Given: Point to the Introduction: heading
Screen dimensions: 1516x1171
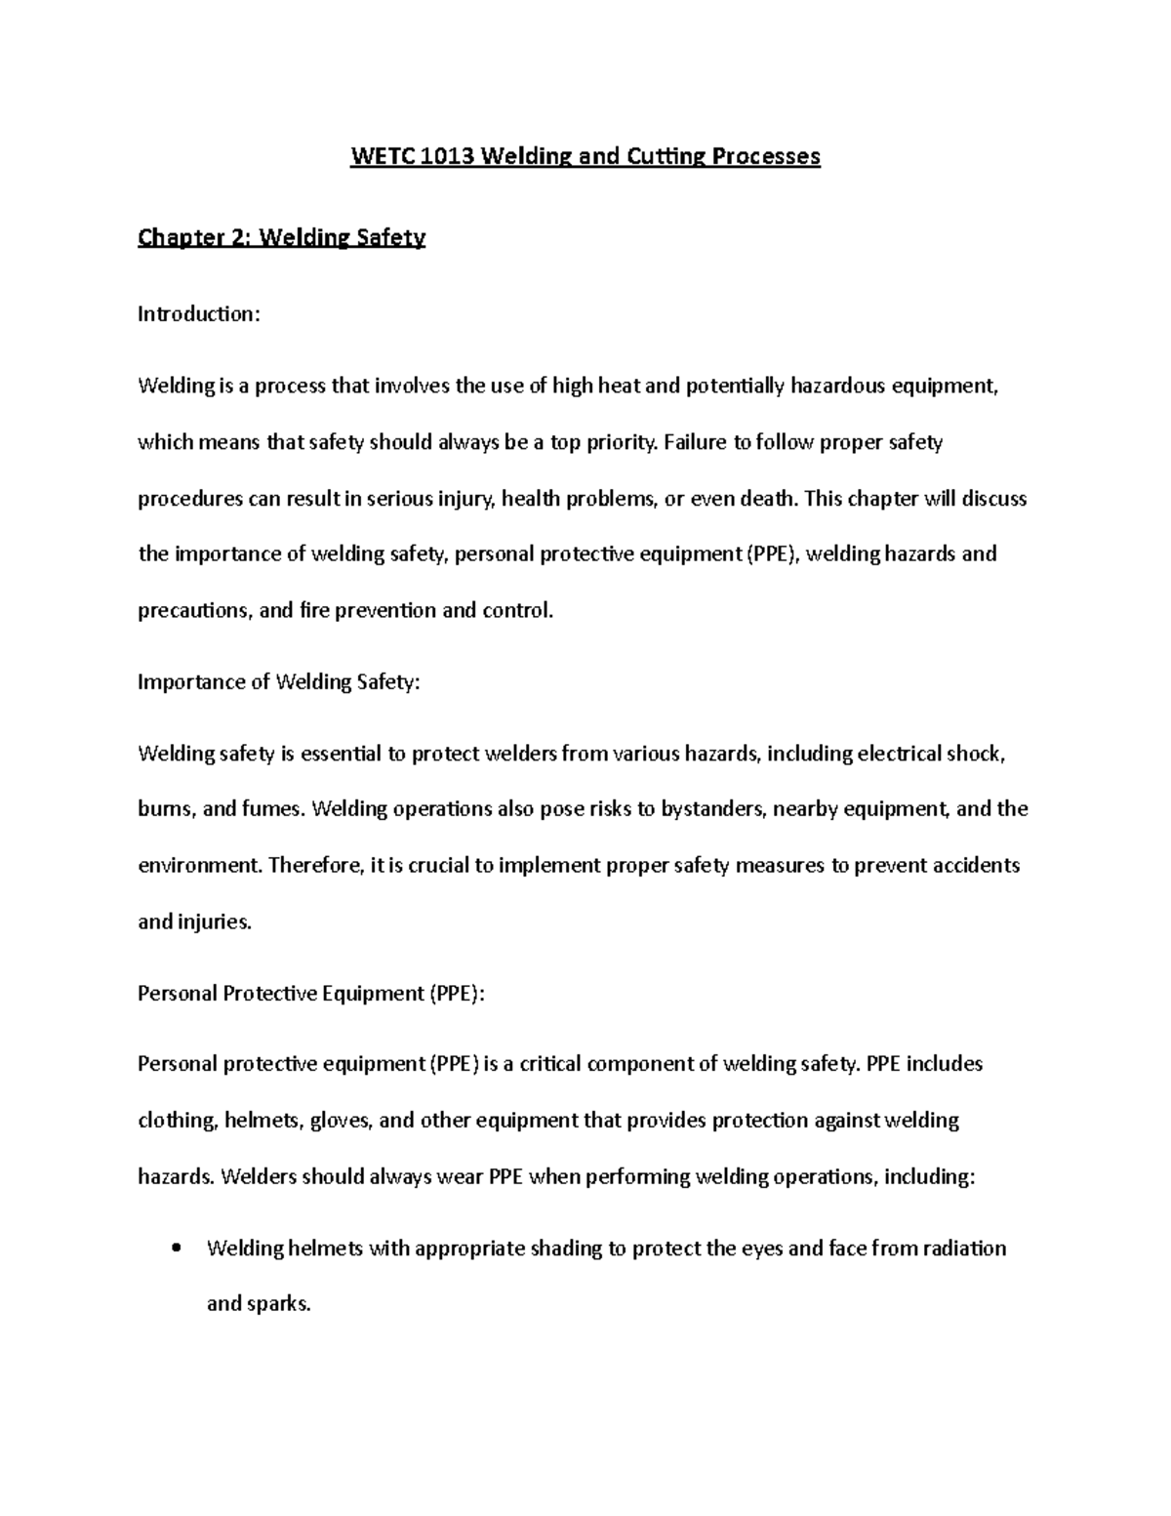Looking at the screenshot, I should tap(199, 314).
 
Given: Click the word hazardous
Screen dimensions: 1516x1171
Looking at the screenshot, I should tap(843, 386).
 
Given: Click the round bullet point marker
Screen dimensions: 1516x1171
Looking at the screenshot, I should tap(176, 1249).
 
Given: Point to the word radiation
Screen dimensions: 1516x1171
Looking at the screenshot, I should tap(964, 1249).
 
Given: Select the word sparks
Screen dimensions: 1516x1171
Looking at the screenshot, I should tap(279, 1304).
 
